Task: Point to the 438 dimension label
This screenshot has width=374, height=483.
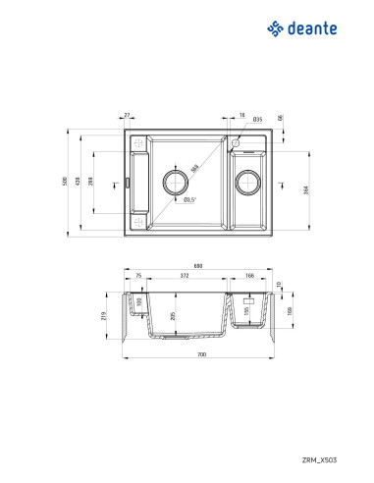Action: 80,183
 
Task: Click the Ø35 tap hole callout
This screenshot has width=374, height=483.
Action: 256,119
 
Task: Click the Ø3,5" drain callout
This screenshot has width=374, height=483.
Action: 189,201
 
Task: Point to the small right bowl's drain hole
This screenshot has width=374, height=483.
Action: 250,183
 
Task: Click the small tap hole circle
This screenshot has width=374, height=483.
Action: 236,142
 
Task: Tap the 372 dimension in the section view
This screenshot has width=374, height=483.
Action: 185,278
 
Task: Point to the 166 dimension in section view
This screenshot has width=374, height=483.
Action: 250,278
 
